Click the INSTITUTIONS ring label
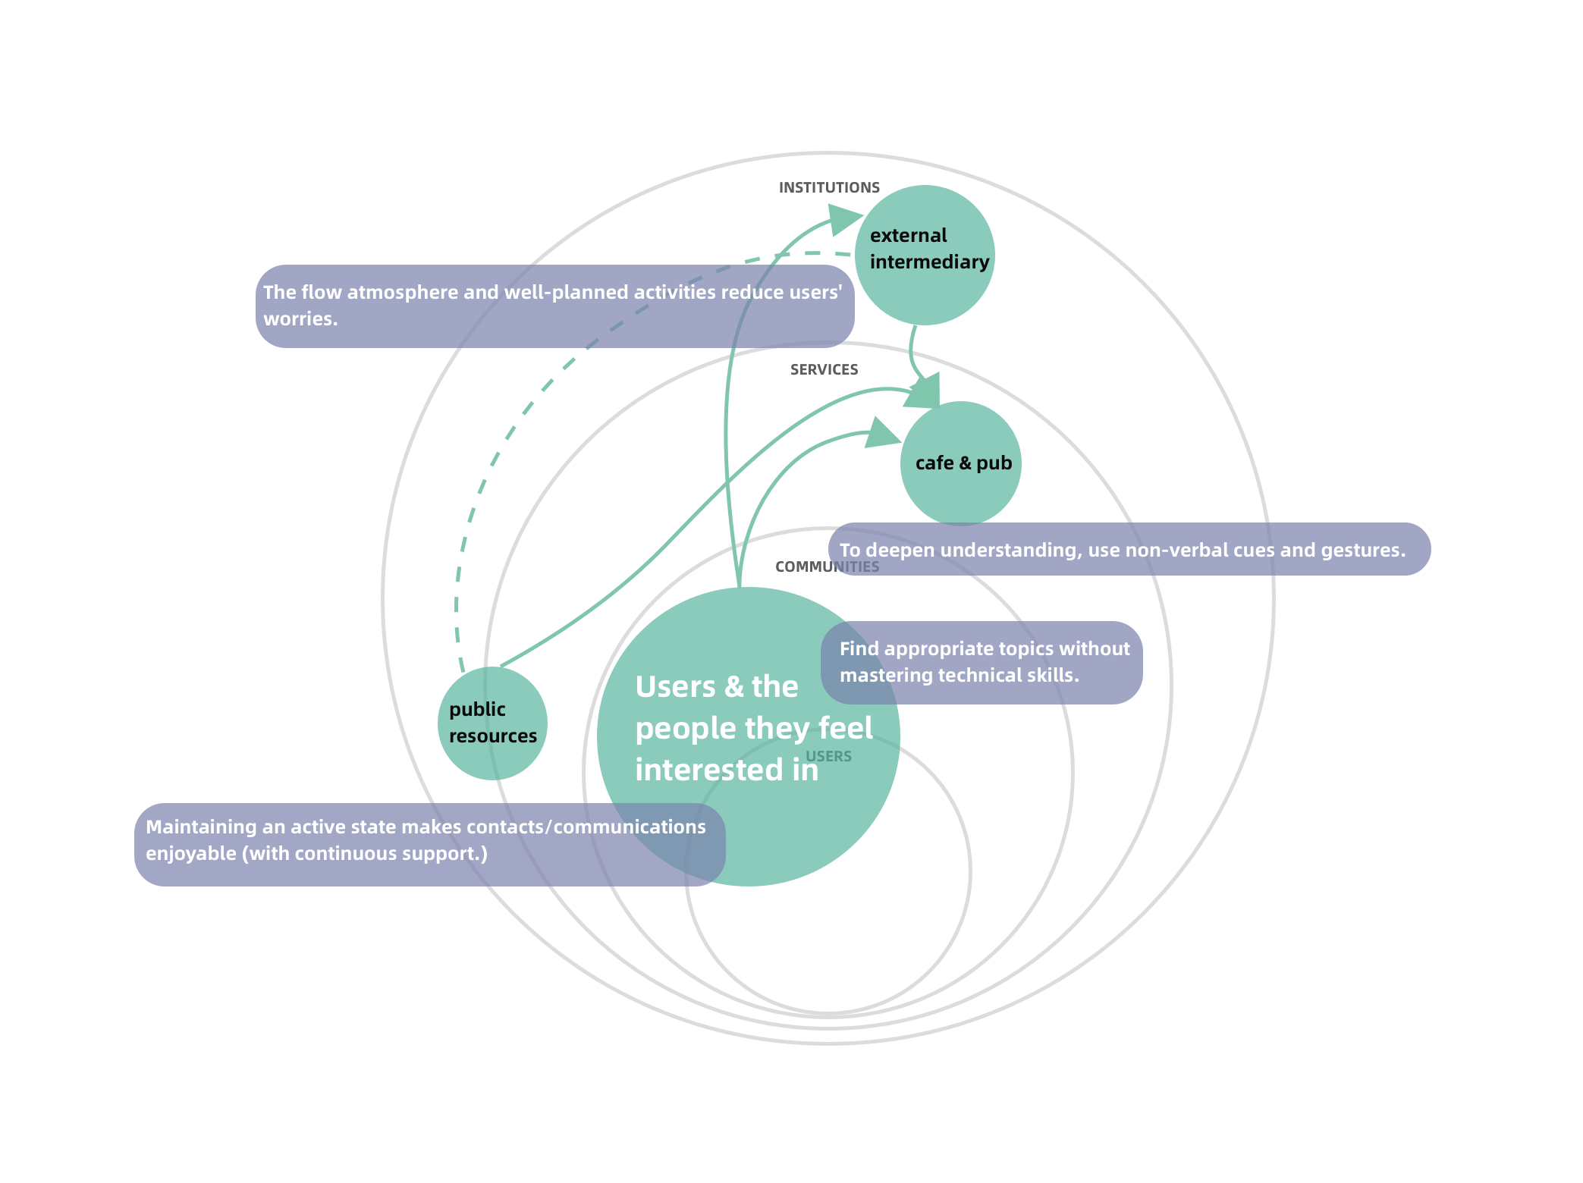click(829, 187)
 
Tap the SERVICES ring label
click(824, 369)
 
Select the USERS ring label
click(828, 756)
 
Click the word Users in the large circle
click(675, 687)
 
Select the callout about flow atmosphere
click(554, 306)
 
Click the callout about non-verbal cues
click(1129, 550)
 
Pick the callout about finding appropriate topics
click(982, 662)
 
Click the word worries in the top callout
click(300, 319)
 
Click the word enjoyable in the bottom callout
click(190, 854)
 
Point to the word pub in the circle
click(994, 463)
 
